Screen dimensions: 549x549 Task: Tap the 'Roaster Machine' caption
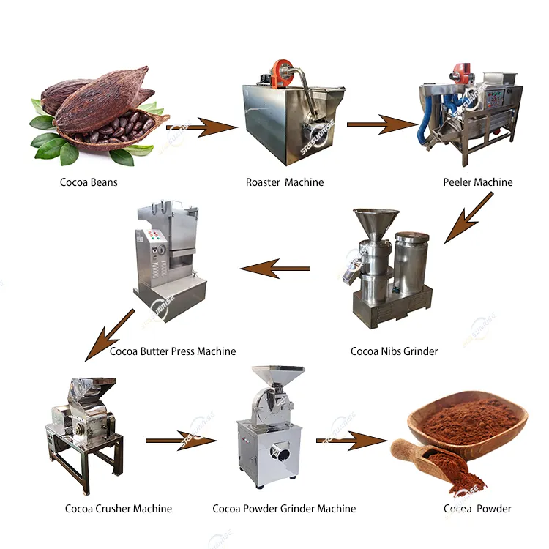[x=284, y=182]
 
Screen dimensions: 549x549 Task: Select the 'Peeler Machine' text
[x=477, y=182]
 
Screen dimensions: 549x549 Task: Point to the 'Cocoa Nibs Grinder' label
[x=394, y=351]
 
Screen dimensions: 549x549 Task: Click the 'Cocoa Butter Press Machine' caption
[x=173, y=351]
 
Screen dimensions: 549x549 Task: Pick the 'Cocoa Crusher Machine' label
[x=119, y=509]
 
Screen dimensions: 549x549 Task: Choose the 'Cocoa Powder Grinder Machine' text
[x=284, y=509]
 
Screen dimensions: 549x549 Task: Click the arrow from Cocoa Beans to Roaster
[x=201, y=130]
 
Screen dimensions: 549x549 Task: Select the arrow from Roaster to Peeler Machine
[x=381, y=125]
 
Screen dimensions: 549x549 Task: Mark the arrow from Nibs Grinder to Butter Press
[x=274, y=269]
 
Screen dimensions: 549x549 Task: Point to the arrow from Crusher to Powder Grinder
[x=181, y=441]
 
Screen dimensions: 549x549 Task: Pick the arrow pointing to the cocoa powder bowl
[x=352, y=441]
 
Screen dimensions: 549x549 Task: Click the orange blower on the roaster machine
[x=280, y=70]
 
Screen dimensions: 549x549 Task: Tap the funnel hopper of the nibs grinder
[x=376, y=223]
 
